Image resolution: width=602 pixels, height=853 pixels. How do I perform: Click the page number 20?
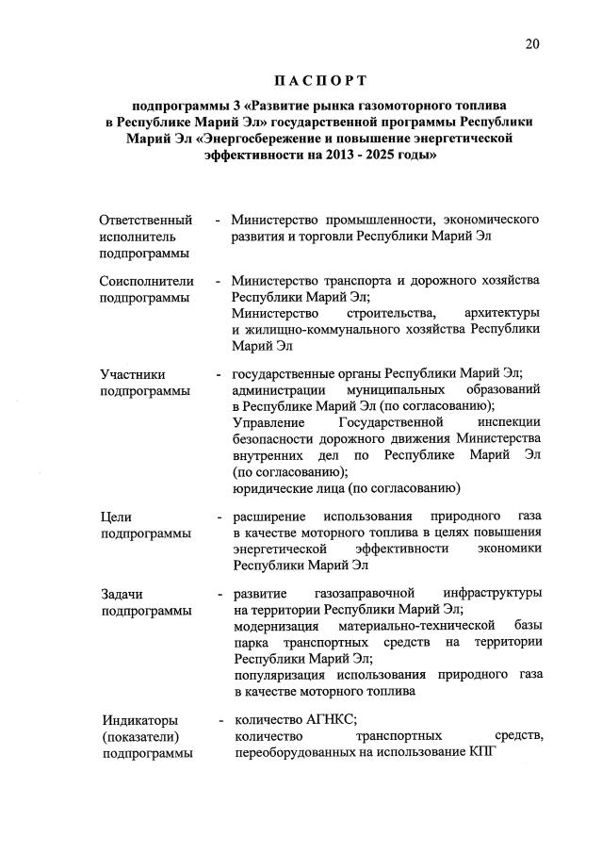533,43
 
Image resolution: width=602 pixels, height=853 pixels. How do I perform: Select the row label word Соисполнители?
147,280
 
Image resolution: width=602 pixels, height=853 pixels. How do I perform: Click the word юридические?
275,488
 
